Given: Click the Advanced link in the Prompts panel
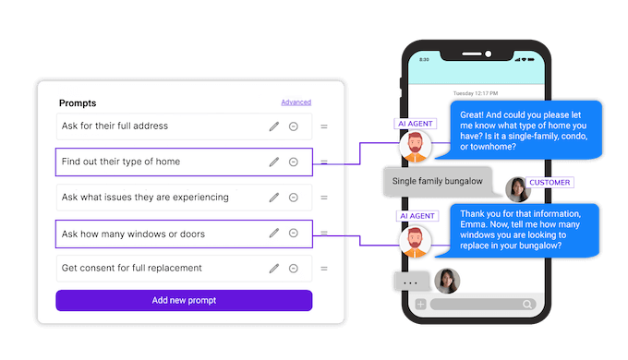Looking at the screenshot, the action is click(296, 102).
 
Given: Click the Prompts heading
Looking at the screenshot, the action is click(78, 103).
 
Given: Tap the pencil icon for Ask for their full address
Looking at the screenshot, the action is click(273, 126).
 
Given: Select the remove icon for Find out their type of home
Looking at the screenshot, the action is click(293, 162).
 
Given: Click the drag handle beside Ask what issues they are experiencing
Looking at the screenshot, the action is click(324, 198).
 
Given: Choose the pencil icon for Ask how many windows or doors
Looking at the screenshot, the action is click(273, 234).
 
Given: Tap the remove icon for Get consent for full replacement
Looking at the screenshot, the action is click(293, 269).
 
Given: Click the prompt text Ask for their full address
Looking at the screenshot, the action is click(115, 126).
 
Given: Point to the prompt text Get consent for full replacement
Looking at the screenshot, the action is click(132, 269).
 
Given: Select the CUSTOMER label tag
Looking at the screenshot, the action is click(549, 183).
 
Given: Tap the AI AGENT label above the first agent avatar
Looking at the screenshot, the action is click(415, 123).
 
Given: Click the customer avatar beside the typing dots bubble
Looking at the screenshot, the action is click(448, 280).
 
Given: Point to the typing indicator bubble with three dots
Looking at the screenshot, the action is click(412, 282).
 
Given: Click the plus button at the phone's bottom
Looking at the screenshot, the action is click(420, 304).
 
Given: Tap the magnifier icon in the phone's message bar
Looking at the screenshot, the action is click(527, 304).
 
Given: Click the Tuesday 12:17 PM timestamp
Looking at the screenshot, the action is click(475, 93).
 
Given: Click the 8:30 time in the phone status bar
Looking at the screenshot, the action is click(425, 59).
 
